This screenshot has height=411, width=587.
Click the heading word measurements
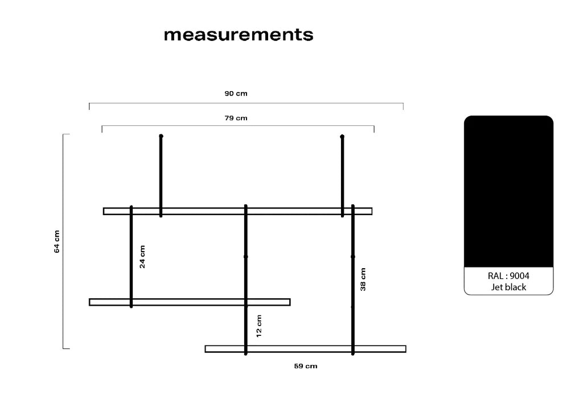pos(239,34)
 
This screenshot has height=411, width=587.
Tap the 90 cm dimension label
pos(236,93)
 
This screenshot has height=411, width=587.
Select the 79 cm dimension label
pos(236,118)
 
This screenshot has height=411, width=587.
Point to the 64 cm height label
pos(57,241)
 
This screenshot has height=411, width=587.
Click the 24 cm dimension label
pos(142,256)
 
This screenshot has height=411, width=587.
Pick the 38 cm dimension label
pos(363,280)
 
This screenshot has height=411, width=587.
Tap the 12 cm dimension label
pos(258,326)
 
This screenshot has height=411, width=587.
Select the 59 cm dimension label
pos(306,366)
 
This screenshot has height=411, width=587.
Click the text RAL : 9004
pos(508,276)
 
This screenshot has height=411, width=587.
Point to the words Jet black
pos(508,287)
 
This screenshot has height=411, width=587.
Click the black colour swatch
pos(508,191)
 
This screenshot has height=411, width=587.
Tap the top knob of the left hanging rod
pos(161,136)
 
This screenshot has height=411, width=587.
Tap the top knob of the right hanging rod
pos(342,137)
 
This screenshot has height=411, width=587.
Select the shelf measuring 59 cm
pos(306,349)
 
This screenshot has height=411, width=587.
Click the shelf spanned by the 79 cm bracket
pos(238,211)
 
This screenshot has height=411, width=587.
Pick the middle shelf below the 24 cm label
pos(190,302)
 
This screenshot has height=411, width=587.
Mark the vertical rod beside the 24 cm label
pos(131,256)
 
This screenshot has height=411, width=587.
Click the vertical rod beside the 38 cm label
pos(352,280)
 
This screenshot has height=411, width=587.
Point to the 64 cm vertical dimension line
pos(63,241)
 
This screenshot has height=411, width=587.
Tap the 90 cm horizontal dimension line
pos(246,103)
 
